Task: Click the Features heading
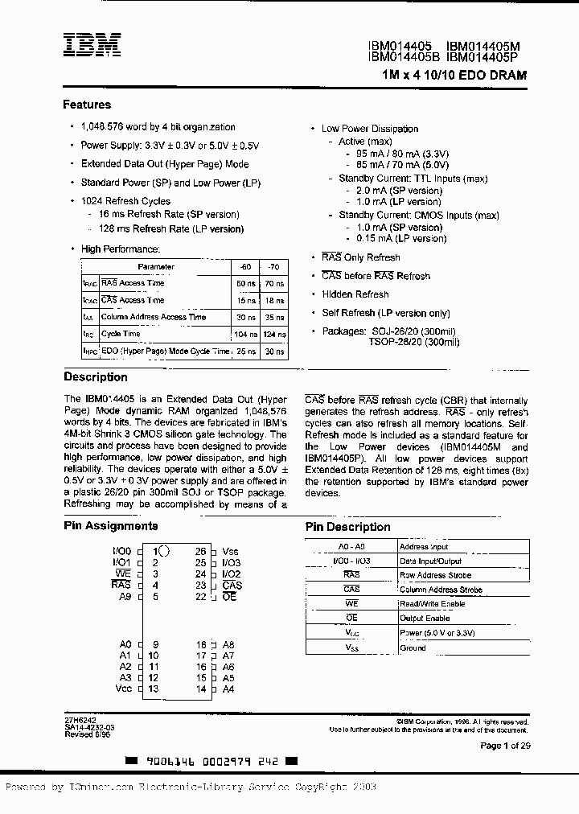(87, 105)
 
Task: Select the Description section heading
(95, 377)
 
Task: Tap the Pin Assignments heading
(111, 526)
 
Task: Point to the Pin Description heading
(347, 527)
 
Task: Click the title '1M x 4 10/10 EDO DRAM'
(455, 75)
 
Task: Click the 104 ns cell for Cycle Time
(244, 334)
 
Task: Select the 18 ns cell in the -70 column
(274, 300)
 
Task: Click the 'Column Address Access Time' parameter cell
(153, 317)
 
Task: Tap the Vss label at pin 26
(230, 552)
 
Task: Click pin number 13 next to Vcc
(153, 689)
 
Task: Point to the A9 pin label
(124, 597)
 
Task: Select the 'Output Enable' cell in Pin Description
(425, 619)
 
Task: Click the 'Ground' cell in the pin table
(413, 647)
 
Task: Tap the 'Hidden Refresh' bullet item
(355, 294)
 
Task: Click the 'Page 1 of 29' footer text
(503, 746)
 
